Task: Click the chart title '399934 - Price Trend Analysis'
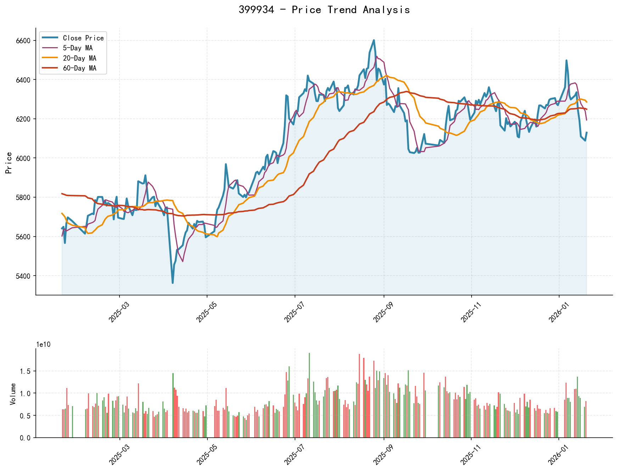pos(324,10)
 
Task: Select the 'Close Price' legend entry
pos(83,38)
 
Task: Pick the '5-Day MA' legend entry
pos(78,48)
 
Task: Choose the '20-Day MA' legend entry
pos(79,58)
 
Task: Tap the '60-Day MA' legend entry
pos(79,68)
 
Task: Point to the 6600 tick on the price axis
pos(23,41)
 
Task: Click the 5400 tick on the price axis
pos(23,276)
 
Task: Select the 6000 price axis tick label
pos(23,158)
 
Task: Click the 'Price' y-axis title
pos(9,163)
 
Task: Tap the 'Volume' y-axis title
pos(13,394)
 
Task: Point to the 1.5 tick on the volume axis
pos(26,371)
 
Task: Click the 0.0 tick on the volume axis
pos(26,438)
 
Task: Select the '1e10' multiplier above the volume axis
pos(44,344)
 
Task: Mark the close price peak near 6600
pos(374,40)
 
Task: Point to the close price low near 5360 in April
pos(173,283)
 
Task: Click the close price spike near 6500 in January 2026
pos(566,61)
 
